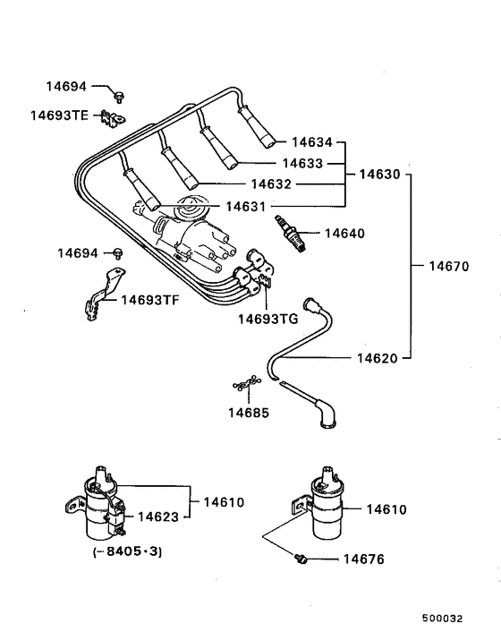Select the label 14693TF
150,300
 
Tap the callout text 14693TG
267,318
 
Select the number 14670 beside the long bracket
452,266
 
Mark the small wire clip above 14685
242,386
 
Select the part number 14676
363,559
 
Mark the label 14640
344,233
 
